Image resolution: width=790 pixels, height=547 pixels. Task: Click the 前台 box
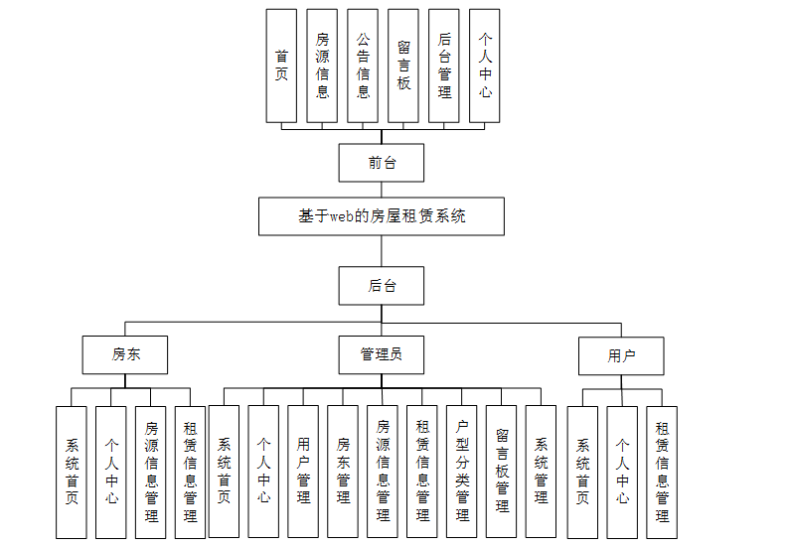point(382,163)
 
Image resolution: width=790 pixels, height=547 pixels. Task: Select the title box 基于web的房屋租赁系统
point(382,215)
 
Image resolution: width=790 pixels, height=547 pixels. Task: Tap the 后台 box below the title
point(382,285)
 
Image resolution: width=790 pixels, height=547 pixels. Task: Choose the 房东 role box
point(124,354)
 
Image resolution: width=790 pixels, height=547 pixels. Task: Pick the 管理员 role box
point(382,354)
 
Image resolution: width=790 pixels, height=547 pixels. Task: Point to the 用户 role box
point(621,355)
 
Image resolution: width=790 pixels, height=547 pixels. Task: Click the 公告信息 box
point(363,66)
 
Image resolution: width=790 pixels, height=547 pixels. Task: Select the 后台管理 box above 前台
point(443,66)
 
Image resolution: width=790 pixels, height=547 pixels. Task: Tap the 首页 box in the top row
point(281,66)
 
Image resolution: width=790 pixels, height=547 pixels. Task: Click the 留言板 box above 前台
point(403,66)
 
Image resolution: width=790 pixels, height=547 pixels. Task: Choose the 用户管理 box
point(303,472)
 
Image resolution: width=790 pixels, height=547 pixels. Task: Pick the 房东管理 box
point(342,472)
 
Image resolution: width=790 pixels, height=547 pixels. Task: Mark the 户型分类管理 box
point(461,472)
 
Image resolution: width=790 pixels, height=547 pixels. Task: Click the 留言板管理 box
point(501,472)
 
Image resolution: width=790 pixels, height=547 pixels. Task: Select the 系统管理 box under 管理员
point(541,472)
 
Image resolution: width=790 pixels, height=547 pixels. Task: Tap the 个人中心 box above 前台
point(484,66)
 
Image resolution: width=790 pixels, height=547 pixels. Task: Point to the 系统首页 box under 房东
point(72,472)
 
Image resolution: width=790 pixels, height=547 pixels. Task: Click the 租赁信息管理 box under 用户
point(662,472)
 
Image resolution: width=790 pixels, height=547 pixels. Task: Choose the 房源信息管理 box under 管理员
point(382,472)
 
